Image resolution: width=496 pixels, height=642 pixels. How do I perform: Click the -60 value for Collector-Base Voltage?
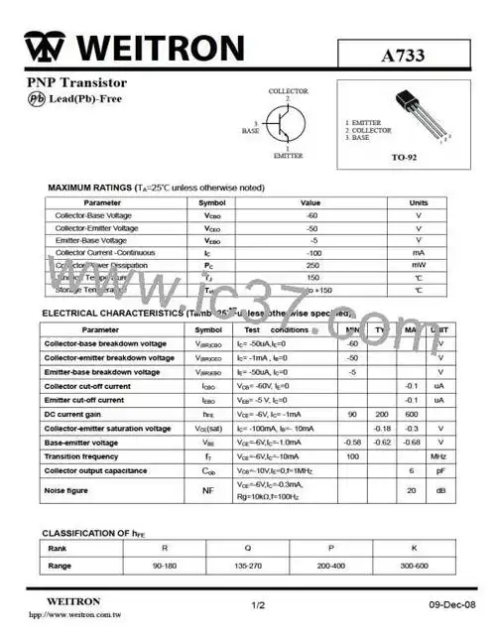click(311, 215)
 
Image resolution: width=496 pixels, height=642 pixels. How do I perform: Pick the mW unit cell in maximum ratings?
click(418, 265)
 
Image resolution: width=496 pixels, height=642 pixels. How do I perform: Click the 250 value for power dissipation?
click(311, 265)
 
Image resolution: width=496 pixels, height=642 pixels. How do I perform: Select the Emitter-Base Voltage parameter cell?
click(91, 240)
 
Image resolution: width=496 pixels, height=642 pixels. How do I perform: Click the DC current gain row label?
click(77, 414)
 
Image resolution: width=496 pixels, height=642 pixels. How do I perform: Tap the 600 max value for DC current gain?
click(411, 414)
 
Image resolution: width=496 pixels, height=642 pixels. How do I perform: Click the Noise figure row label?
click(66, 490)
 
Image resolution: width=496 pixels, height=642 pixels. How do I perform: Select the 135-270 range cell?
click(224, 565)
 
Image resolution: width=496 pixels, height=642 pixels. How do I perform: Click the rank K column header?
click(414, 547)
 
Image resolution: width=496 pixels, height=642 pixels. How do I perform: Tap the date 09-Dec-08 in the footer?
click(453, 604)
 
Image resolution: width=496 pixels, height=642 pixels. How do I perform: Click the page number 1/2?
click(258, 603)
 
